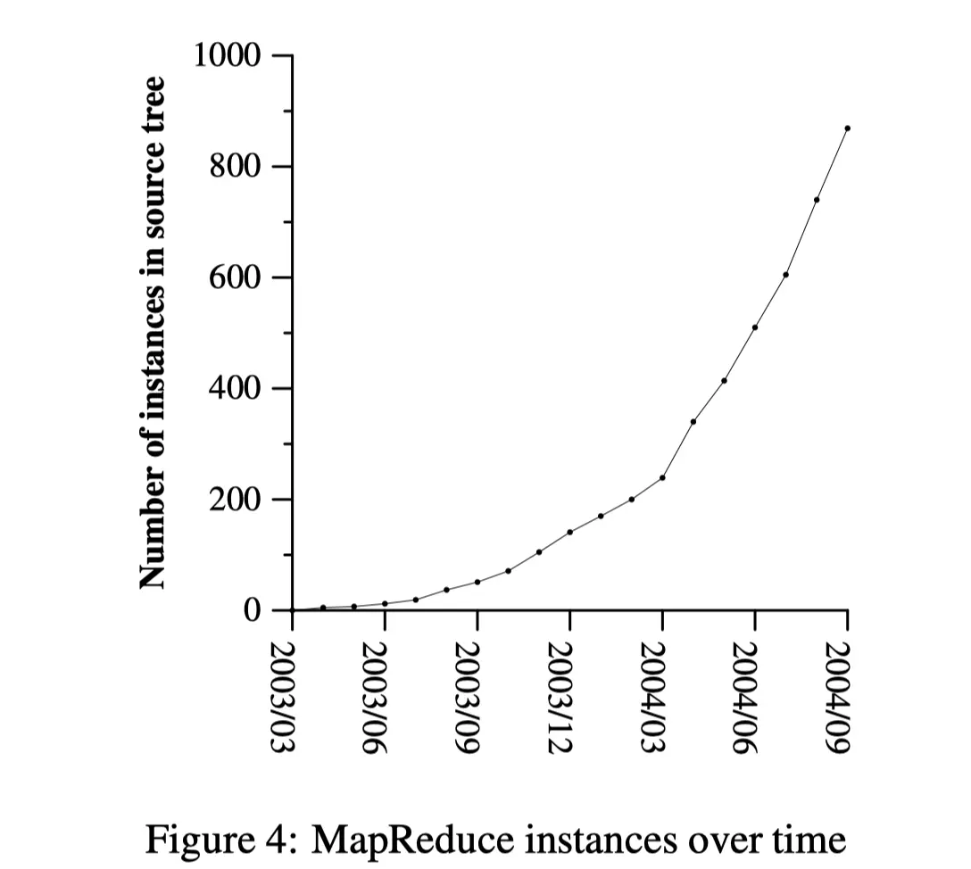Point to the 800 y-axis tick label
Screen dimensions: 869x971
pos(235,167)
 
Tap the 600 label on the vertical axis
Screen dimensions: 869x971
pos(235,277)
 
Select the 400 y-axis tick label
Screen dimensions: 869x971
pos(235,389)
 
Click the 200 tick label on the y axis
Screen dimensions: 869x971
pos(235,500)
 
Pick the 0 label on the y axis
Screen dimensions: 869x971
pos(253,611)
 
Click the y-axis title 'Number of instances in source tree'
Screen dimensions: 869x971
pos(154,333)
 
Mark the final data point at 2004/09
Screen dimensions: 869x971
pos(847,128)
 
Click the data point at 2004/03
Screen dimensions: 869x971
pos(662,477)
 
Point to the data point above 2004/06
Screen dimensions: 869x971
pos(755,327)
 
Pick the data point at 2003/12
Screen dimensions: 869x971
pos(569,532)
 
